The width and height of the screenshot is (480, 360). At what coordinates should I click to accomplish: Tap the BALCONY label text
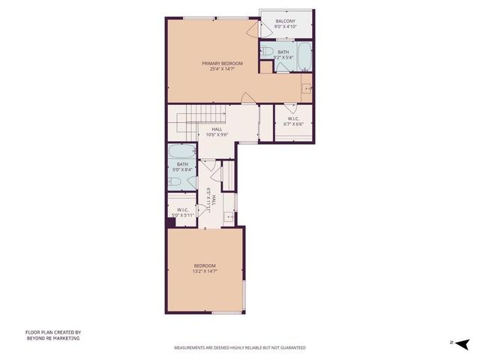coord(285,21)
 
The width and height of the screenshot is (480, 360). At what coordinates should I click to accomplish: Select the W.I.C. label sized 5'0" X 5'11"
coord(183,209)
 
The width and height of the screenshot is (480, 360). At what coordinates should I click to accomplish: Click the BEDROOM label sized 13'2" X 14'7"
coord(204,266)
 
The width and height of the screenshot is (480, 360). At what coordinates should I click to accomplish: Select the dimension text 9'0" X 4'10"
coord(286,27)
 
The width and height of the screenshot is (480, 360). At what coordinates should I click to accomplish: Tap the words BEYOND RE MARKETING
coord(52,338)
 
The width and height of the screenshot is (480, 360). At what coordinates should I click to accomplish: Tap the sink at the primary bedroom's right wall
coord(307,89)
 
